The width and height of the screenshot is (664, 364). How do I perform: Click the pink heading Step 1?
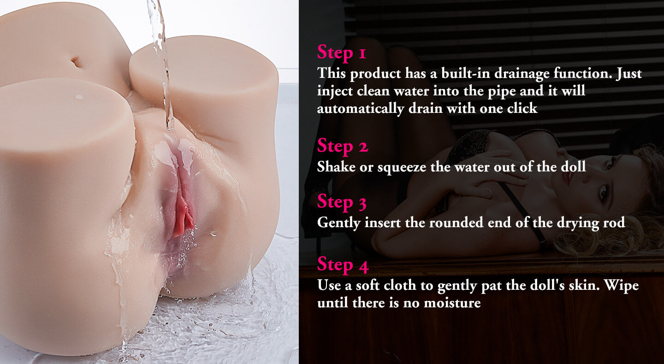pyautogui.click(x=342, y=53)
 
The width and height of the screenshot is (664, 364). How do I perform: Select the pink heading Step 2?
pyautogui.click(x=343, y=146)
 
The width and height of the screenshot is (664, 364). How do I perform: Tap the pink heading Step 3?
pyautogui.click(x=342, y=202)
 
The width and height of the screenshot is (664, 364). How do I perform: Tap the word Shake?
pyautogui.click(x=336, y=167)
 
